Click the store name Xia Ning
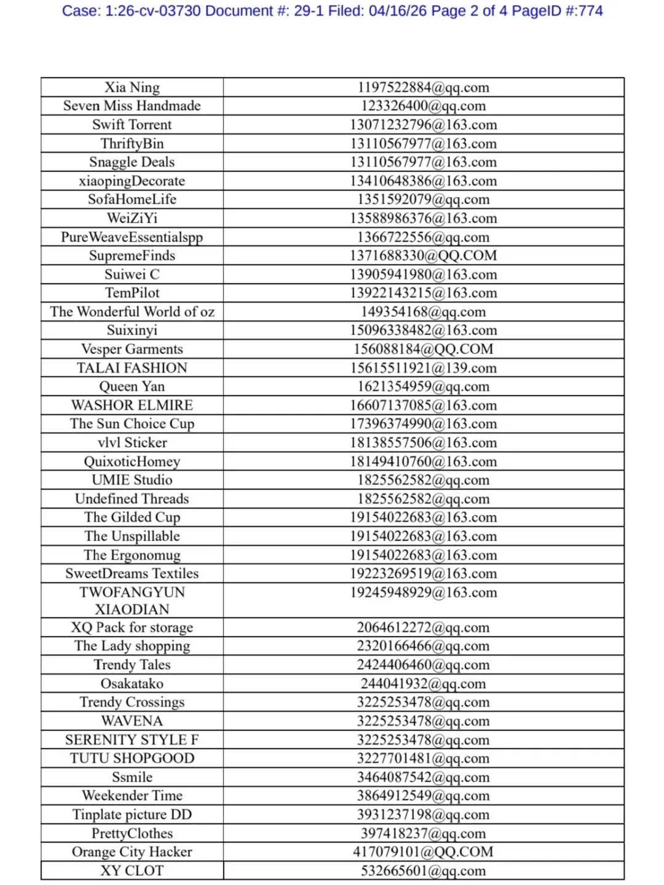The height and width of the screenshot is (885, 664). (132, 87)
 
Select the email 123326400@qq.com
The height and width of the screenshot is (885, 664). (423, 106)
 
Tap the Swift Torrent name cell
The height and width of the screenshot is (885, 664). (132, 125)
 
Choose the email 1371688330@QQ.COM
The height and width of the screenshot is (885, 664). (423, 256)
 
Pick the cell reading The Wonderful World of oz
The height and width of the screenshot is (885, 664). (132, 312)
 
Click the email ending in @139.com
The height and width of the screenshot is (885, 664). (423, 368)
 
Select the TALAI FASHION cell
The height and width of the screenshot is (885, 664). (132, 368)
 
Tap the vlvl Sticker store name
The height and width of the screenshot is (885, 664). (132, 443)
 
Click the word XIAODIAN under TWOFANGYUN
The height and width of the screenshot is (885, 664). (132, 609)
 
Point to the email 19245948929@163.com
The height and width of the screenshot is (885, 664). (423, 593)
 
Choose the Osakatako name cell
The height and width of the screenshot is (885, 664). (132, 684)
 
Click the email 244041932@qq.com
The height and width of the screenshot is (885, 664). (423, 684)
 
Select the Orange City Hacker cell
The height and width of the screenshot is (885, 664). (132, 852)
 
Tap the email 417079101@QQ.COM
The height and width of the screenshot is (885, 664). (423, 852)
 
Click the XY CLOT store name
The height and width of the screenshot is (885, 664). (132, 871)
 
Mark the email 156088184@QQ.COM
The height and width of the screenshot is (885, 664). (423, 349)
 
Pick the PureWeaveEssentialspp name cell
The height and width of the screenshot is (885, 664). (132, 237)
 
